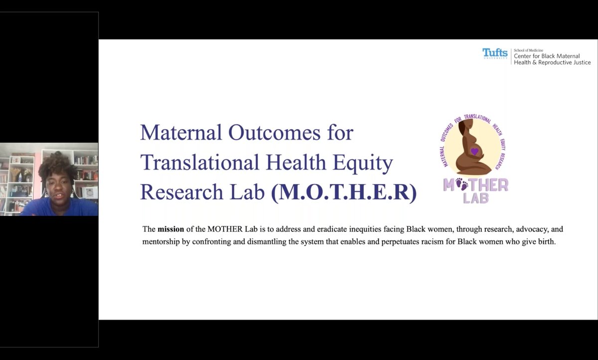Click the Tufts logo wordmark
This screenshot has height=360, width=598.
(495, 53)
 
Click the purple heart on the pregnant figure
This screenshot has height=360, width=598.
(474, 151)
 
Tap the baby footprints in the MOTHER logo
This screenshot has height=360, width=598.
(461, 185)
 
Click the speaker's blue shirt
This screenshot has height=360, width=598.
(60, 207)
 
